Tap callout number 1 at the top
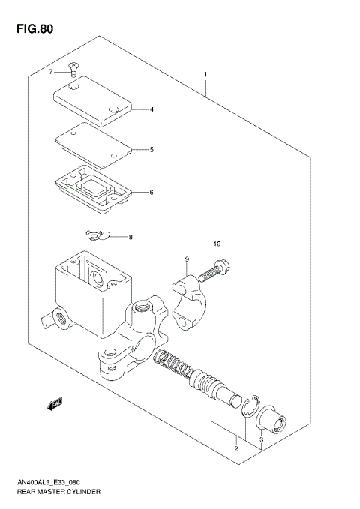coord(205,75)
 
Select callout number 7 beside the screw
coord(51,72)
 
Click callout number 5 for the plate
coord(151,149)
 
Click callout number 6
coord(151,193)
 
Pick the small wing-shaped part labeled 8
coord(97,236)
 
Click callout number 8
coord(130,238)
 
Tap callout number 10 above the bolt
coord(217,244)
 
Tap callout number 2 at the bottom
coord(235,449)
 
